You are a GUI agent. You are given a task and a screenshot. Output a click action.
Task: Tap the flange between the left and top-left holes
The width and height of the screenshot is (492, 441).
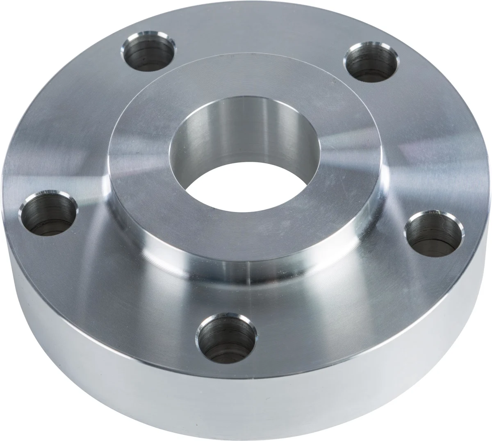pyautogui.click(x=78, y=123)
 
